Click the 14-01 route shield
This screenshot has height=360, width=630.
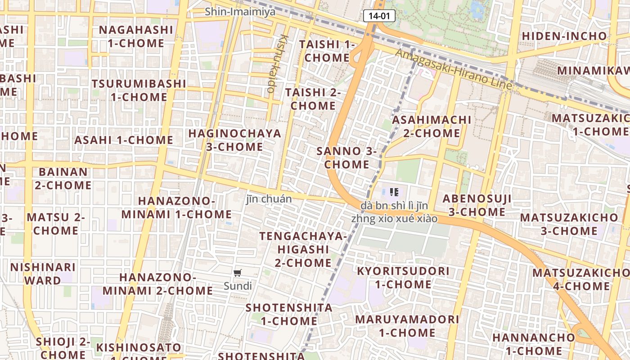click(379, 16)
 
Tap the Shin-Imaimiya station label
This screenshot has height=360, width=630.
click(240, 12)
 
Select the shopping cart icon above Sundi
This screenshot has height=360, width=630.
click(238, 273)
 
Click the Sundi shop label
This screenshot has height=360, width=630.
click(238, 286)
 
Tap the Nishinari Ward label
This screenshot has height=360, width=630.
click(43, 274)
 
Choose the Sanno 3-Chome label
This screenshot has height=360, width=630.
click(346, 157)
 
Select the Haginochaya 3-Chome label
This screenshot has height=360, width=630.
click(234, 140)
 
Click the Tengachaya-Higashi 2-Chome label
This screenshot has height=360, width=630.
click(303, 249)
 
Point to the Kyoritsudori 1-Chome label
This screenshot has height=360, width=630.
click(403, 278)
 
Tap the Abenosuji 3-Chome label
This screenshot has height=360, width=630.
click(477, 205)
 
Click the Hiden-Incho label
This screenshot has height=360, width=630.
click(564, 36)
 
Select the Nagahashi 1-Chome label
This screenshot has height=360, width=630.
click(136, 36)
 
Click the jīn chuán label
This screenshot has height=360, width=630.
click(269, 199)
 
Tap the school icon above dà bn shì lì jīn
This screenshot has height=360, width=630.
click(394, 193)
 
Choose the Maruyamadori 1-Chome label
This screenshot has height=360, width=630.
click(407, 326)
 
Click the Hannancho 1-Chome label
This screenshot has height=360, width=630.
click(533, 344)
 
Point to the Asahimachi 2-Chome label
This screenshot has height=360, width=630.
click(432, 126)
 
